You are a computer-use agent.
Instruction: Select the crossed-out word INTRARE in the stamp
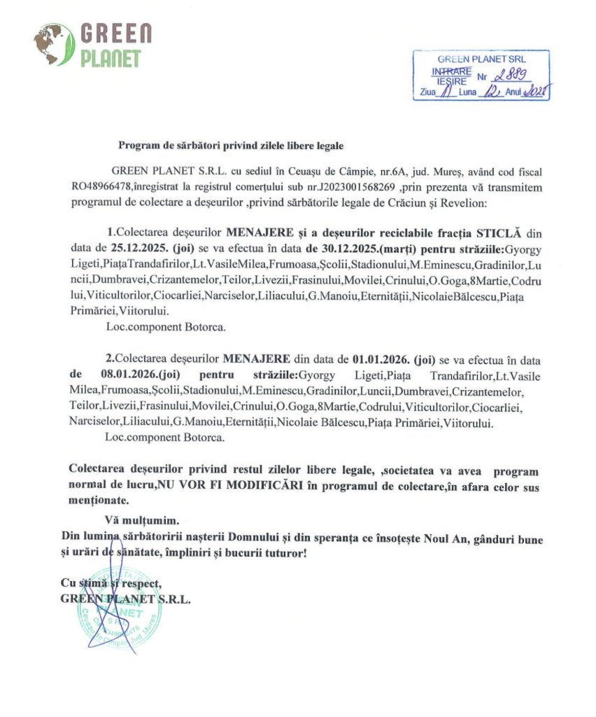(x=452, y=71)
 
